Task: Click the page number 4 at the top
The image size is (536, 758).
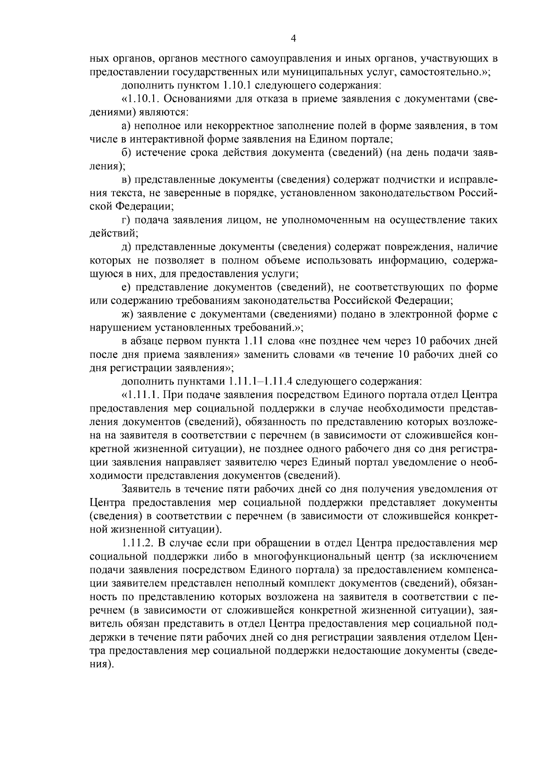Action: [x=293, y=38]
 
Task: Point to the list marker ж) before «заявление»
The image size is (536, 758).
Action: [x=127, y=314]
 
